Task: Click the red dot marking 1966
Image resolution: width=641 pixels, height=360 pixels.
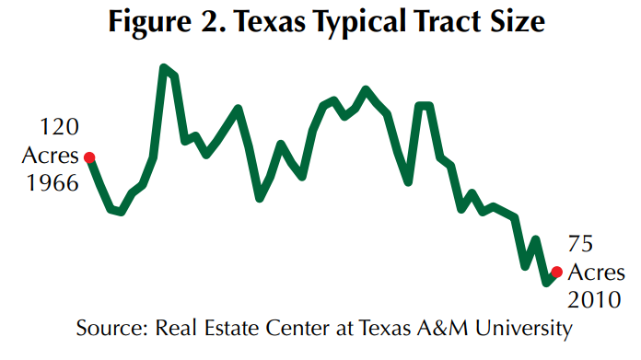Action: coord(90,157)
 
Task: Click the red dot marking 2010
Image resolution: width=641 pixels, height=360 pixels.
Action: coord(556,272)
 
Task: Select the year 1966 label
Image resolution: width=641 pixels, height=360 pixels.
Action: coord(52,182)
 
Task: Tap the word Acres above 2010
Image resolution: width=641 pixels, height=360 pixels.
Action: coord(595,273)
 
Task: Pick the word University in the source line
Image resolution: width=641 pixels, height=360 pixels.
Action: coord(522,329)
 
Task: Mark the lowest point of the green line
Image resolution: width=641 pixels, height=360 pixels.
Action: coord(547,282)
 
